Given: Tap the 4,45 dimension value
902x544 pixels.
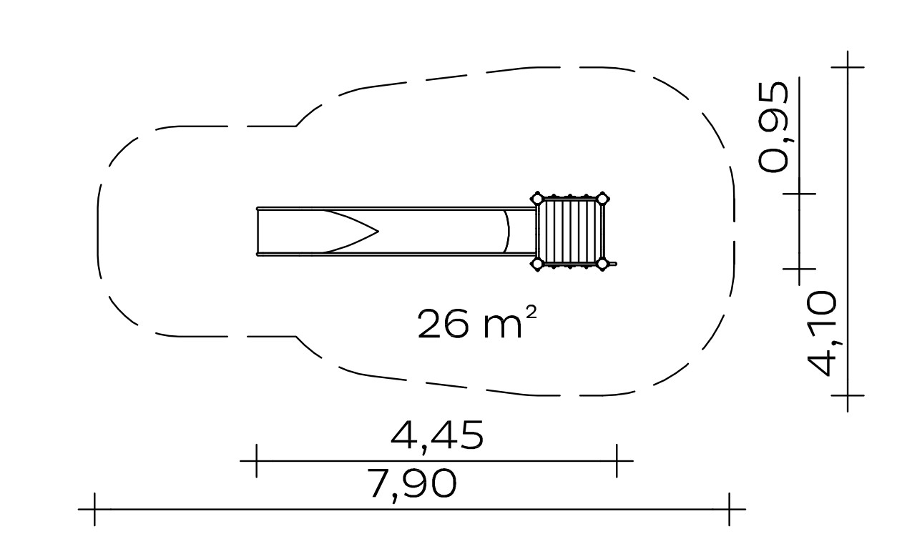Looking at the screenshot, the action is coord(437,436).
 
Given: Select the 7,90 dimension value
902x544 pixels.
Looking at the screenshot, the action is coord(412,484).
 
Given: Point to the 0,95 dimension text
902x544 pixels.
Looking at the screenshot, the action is coord(773,127).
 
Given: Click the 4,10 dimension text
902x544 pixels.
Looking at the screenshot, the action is coord(823,334).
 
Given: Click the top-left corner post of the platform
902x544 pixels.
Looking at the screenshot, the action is coord(536,199).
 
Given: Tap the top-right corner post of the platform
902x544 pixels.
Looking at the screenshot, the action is coord(602,199).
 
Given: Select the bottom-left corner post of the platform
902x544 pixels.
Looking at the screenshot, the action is coord(536,264).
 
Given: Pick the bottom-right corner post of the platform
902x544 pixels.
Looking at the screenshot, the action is coord(602,264).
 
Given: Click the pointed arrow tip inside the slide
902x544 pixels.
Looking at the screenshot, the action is coord(378,232).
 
